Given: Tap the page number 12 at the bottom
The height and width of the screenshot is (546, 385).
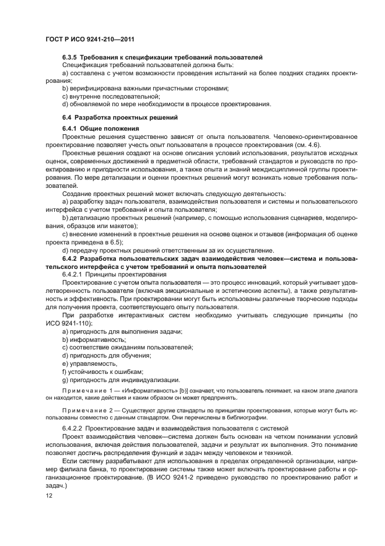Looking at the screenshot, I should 49,495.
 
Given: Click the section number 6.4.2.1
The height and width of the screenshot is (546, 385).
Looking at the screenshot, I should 74,274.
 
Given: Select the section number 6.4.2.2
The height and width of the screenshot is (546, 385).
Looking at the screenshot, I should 74,428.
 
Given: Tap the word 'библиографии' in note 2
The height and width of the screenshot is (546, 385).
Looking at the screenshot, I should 246,417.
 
